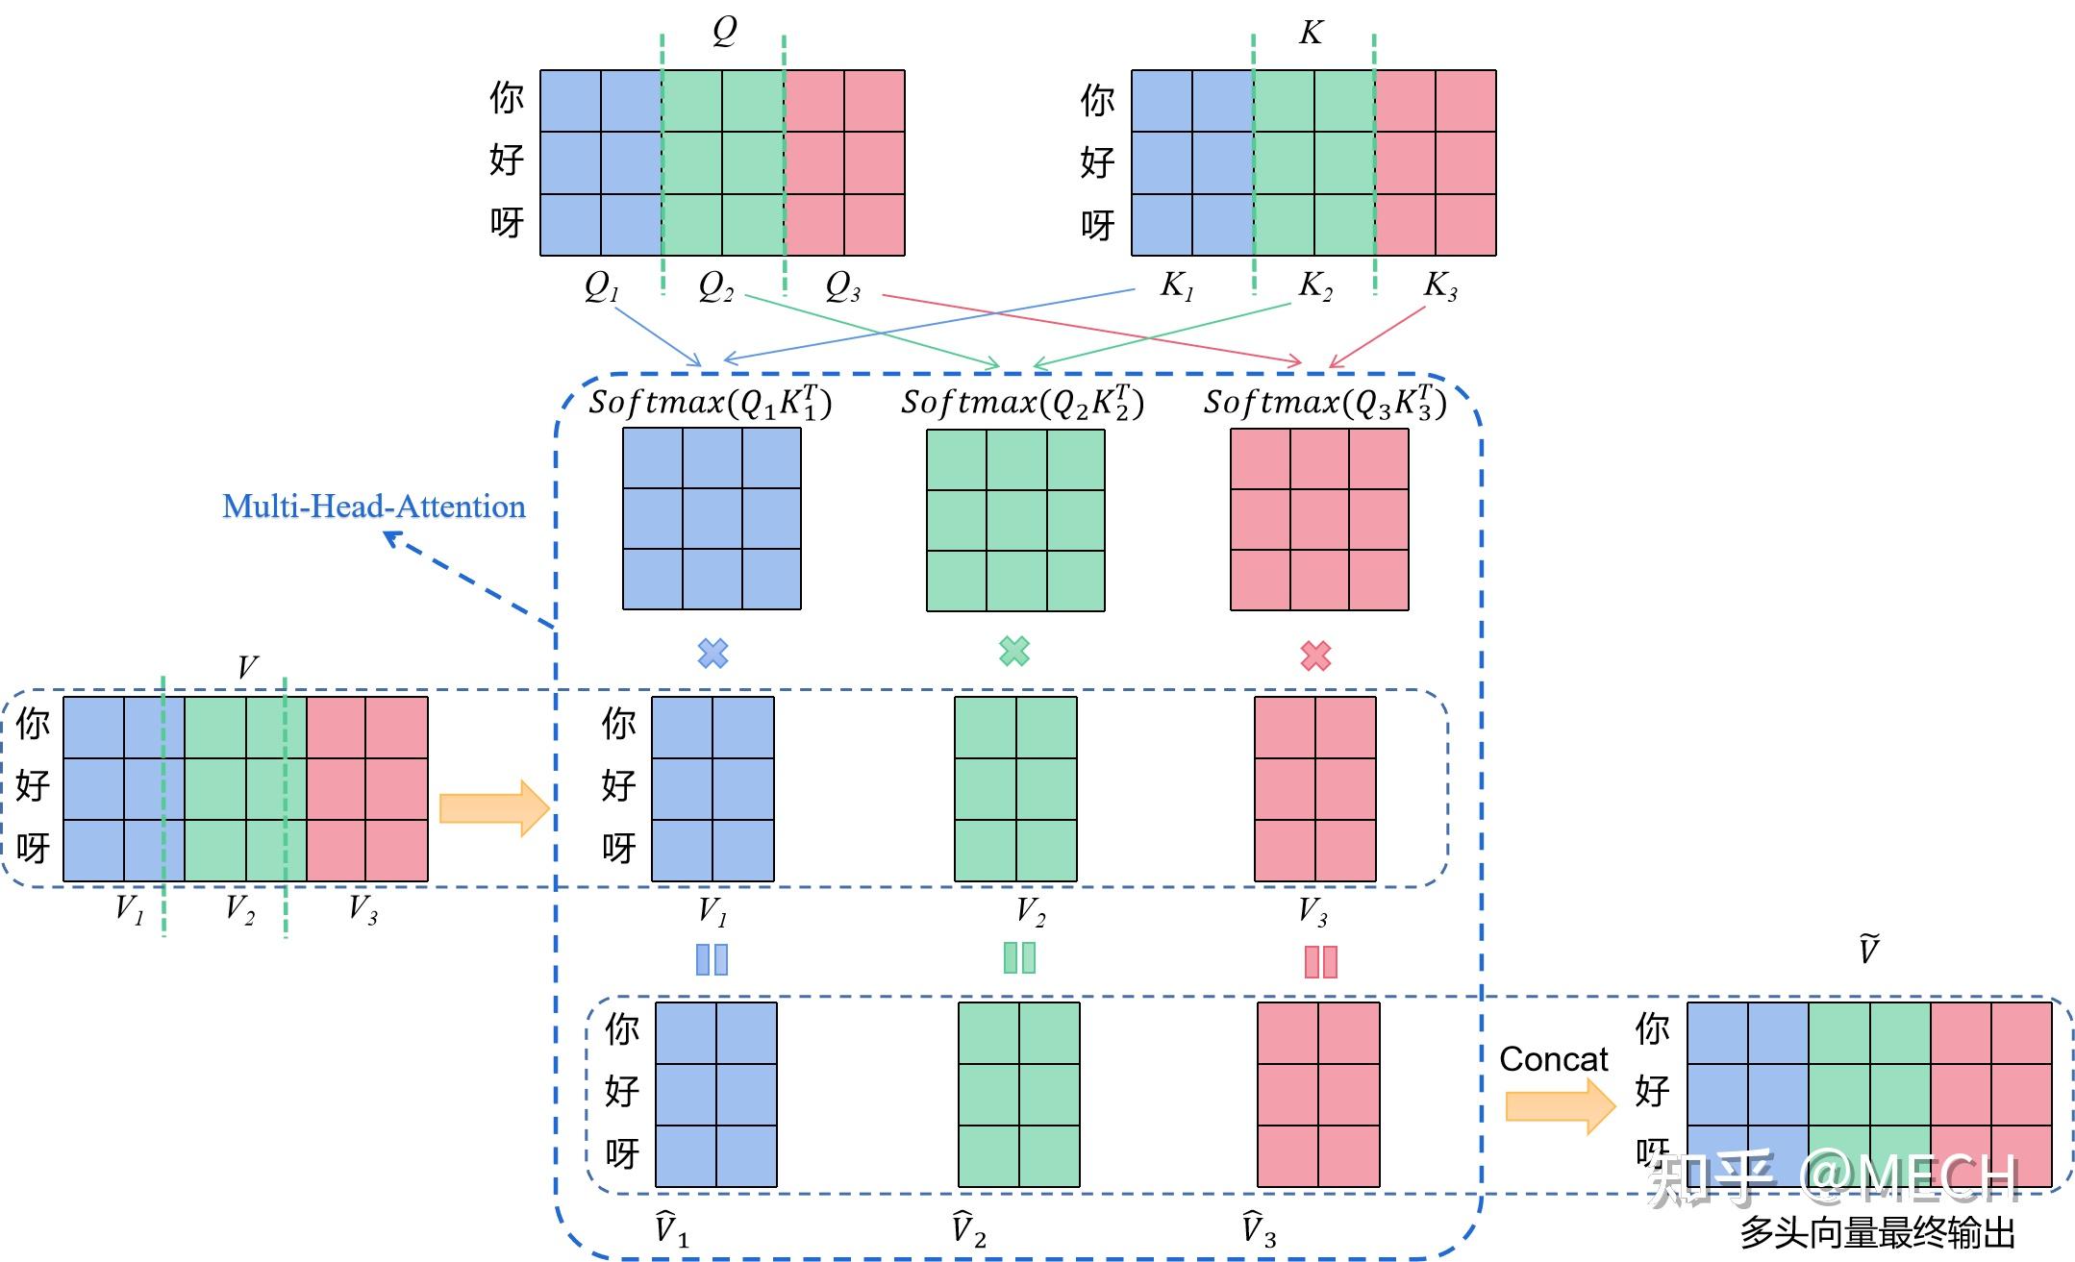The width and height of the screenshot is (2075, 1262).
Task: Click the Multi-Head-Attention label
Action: (374, 507)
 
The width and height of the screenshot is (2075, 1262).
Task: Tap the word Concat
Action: (1553, 1059)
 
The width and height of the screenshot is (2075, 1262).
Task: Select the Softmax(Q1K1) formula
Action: (711, 403)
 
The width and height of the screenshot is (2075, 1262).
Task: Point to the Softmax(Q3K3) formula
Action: (1325, 403)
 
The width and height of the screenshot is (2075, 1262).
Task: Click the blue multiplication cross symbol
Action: (712, 654)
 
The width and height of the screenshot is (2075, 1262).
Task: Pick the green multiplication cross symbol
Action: (1014, 652)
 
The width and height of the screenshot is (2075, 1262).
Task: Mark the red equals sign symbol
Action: (1320, 961)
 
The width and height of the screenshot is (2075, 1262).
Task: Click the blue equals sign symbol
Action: (712, 959)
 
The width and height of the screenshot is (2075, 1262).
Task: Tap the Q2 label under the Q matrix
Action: (716, 286)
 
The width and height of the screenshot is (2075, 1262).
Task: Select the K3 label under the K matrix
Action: (1440, 285)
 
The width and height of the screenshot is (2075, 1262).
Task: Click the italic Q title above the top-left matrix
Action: (724, 31)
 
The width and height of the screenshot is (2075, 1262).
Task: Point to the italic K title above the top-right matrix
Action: (1311, 33)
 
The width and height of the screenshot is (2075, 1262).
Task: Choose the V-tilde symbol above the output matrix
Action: (1868, 950)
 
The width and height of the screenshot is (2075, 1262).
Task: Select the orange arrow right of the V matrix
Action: (493, 808)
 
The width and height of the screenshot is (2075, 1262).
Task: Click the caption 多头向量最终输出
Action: (1877, 1233)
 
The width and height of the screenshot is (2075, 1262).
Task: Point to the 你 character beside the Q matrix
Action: (507, 98)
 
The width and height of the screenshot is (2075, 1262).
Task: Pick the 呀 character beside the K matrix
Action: (1097, 226)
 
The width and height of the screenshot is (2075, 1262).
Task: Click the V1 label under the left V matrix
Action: (130, 908)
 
